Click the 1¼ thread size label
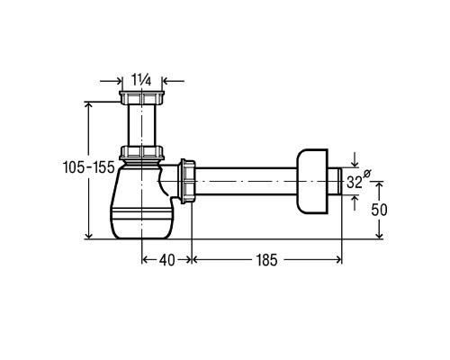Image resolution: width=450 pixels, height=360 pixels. coord(141,80)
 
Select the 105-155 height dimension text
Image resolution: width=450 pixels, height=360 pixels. coord(89,167)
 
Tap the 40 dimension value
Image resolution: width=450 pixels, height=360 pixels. coord(166,260)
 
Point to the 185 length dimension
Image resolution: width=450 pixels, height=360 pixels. coord(266,260)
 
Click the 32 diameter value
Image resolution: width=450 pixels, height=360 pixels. coord(355,182)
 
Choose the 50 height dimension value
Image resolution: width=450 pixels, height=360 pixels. coord(379,210)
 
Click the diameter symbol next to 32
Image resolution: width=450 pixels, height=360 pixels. coord(367,174)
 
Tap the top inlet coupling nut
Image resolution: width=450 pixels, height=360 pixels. coord(141,97)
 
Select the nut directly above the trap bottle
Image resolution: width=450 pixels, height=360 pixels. coord(141,153)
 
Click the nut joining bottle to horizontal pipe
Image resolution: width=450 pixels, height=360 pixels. coord(186,181)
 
